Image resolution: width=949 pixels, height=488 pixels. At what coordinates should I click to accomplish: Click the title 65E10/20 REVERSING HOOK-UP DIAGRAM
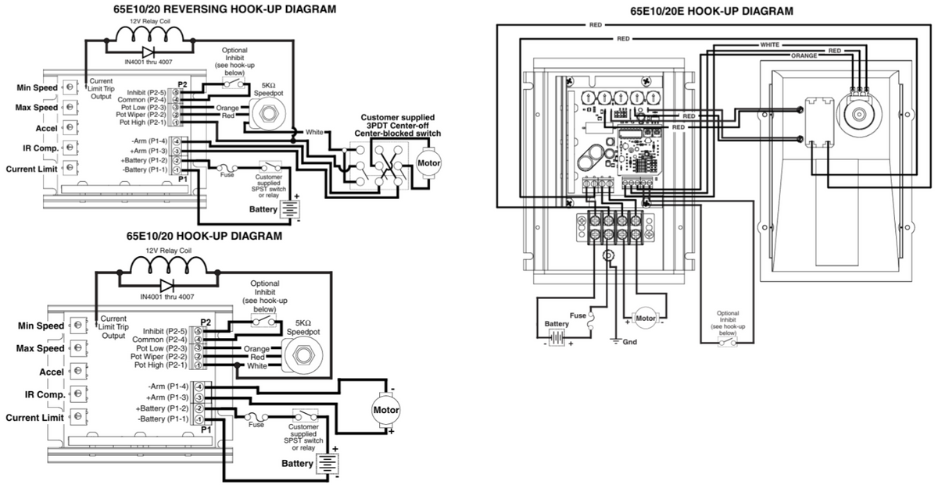pos(214,9)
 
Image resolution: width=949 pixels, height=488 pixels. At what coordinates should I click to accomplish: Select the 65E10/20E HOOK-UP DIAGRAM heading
pos(711,11)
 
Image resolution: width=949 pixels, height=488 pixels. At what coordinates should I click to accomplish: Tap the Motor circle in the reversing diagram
pos(428,163)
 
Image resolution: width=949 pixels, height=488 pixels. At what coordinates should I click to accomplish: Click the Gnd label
pos(630,342)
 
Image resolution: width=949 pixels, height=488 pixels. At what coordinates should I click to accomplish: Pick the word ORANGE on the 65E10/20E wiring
pos(804,56)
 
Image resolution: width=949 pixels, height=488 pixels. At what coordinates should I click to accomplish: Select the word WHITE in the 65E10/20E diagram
pos(770,45)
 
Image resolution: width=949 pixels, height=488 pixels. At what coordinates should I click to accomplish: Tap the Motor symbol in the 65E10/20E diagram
pos(645,319)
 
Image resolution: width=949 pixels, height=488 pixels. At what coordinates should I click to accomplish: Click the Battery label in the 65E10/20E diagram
pos(557,323)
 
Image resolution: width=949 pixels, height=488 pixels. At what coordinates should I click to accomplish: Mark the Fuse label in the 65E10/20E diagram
pos(577,315)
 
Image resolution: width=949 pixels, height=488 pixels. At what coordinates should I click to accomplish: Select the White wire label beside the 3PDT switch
pos(314,132)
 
